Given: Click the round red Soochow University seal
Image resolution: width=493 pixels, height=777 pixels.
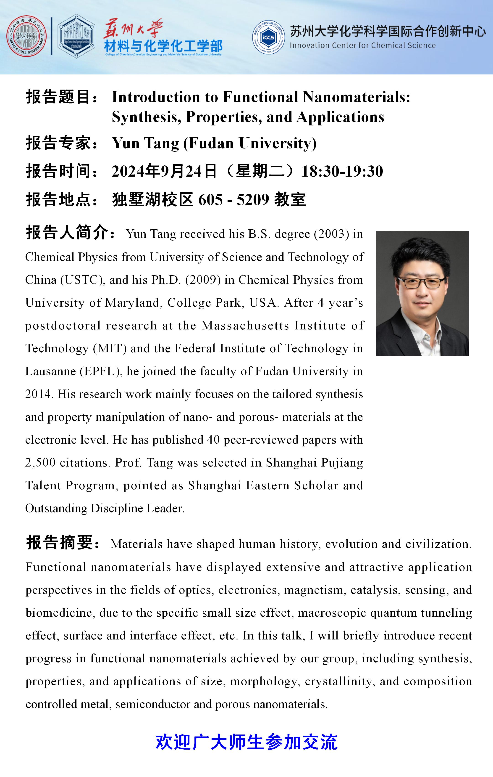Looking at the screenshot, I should coord(26,36).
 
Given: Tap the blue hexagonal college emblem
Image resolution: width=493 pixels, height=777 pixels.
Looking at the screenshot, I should coord(76,36).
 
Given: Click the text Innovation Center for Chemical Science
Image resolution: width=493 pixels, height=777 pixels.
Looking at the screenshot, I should coord(362,45).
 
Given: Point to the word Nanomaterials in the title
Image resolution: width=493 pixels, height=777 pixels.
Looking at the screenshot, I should coord(356,97).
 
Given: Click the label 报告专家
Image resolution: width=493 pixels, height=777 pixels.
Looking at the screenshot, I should coord(61,143).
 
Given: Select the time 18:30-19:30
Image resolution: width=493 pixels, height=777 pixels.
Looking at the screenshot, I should coord(342,171).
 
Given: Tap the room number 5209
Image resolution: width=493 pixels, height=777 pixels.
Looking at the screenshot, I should coord(253,199).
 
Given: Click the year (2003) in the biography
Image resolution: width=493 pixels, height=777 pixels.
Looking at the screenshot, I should coord(331,234).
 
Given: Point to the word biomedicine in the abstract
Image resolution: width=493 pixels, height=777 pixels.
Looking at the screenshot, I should coord(60,613).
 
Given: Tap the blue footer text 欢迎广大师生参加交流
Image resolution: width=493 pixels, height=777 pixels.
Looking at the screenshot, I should coord(246,742).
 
